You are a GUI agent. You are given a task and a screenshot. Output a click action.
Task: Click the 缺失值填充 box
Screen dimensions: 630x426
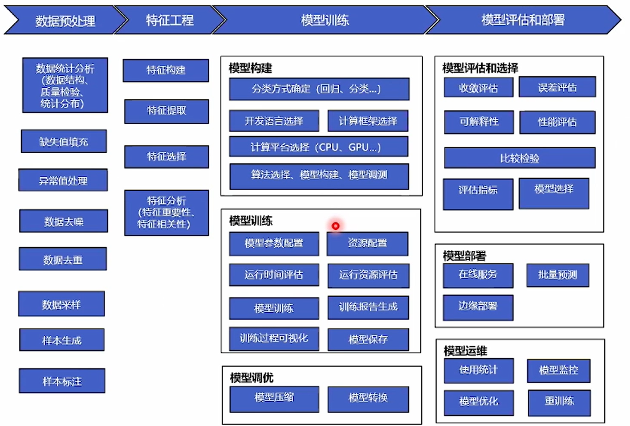[x=64, y=141]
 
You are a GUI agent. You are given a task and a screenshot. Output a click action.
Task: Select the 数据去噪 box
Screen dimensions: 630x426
[x=64, y=221]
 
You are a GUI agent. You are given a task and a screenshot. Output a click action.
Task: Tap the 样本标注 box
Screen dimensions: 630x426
[x=62, y=381]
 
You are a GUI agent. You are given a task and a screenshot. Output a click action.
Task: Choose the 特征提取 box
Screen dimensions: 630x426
[x=166, y=111]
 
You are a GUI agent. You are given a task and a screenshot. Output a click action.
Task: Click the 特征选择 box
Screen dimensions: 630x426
[x=166, y=157]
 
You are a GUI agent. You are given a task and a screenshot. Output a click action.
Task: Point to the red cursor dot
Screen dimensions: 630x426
[x=335, y=226]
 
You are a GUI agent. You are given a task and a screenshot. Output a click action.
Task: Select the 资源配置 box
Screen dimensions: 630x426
[x=367, y=243]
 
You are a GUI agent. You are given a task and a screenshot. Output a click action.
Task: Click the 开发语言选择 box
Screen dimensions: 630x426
[x=274, y=121]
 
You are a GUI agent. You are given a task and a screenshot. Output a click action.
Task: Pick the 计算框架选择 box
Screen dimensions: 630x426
[x=368, y=121]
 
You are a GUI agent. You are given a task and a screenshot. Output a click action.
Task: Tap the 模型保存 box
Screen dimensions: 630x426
[x=368, y=339]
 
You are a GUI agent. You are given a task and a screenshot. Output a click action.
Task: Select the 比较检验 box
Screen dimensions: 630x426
[x=519, y=158]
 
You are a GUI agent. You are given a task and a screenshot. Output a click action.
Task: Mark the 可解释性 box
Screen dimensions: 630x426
[x=479, y=122]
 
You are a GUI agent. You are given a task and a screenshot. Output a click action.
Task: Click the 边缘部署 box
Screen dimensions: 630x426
[x=478, y=307]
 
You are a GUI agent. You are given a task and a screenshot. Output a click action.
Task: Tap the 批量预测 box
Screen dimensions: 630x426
[x=558, y=275]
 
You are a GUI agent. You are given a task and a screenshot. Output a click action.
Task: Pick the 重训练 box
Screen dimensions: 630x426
[x=559, y=402]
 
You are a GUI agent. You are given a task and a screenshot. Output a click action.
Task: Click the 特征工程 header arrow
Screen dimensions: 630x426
[x=170, y=21]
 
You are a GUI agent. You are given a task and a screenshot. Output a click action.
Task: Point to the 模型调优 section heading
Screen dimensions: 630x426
[x=252, y=378]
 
